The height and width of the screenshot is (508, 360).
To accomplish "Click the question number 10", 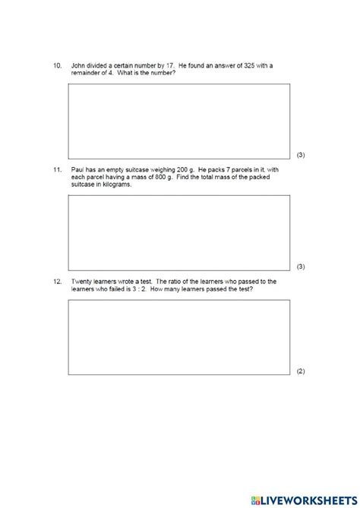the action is tap(57, 66).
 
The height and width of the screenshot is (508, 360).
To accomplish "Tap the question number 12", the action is tap(57, 281).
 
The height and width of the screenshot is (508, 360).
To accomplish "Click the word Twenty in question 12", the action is tap(80, 281).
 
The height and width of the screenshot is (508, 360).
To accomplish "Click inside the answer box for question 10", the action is tap(179, 120).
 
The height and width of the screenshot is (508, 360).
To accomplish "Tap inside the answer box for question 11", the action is tap(179, 232).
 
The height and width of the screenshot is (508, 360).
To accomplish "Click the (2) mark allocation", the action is tap(301, 371).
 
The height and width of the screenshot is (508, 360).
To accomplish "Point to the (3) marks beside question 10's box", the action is tap(301, 155).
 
